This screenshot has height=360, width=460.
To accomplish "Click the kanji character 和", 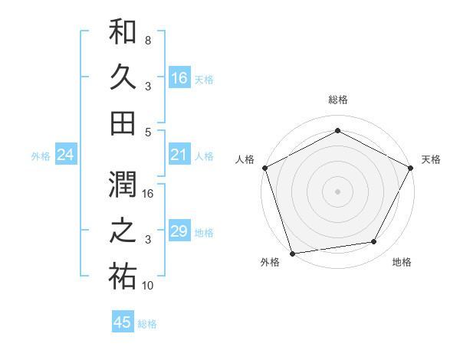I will [x=123, y=32].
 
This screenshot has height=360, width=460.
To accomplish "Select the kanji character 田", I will [x=123, y=122].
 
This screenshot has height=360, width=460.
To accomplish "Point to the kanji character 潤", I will [x=123, y=185].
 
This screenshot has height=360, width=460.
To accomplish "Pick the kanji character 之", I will [x=123, y=231].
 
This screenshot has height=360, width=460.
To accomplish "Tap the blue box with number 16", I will [x=179, y=77].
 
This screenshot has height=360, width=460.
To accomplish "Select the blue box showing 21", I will [x=179, y=155].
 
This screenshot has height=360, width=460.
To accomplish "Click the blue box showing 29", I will [x=179, y=231].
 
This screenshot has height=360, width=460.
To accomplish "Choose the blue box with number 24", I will [x=66, y=155].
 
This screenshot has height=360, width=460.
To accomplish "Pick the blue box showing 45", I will [x=123, y=322].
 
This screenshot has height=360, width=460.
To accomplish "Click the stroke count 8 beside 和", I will [x=147, y=40].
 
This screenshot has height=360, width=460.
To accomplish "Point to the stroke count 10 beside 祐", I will [x=148, y=286].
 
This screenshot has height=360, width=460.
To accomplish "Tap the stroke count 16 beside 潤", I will [x=148, y=194].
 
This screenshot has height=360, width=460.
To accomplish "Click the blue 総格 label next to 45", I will [x=147, y=324].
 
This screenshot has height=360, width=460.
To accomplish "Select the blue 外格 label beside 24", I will [x=41, y=156].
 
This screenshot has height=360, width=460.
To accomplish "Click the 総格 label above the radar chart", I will [x=337, y=100].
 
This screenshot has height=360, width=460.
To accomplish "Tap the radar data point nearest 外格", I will [x=292, y=253].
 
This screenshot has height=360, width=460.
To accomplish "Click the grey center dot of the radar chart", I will [x=337, y=191].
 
